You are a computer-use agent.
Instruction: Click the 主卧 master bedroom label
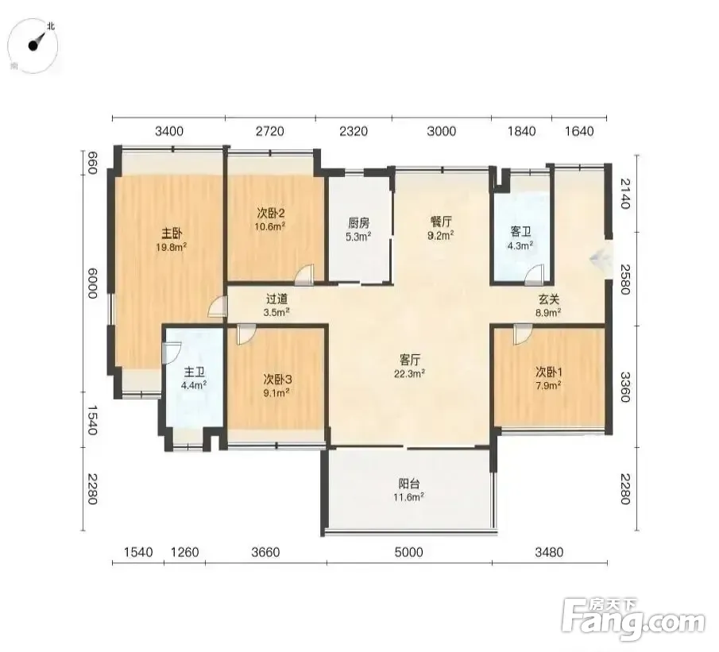172,233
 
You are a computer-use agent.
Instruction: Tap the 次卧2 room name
271,213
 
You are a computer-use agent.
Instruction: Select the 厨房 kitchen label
358,223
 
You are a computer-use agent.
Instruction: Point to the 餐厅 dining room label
441,222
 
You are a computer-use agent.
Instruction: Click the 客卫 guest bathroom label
520,232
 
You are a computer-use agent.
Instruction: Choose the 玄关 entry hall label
548,299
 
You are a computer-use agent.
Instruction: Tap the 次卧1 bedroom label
549,372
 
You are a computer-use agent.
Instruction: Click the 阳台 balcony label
409,484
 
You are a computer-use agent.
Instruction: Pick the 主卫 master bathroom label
194,372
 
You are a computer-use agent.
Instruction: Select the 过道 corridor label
277,299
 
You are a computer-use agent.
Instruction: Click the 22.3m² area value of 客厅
409,373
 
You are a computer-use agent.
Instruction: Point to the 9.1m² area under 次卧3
276,392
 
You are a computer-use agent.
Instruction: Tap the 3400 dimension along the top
169,132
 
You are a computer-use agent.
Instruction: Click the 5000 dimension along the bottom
408,552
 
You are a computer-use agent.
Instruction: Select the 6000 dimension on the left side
92,283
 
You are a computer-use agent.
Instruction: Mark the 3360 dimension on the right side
625,387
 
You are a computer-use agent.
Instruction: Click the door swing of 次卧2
304,275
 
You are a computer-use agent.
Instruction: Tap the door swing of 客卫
535,275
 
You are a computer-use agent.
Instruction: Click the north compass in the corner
33,45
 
